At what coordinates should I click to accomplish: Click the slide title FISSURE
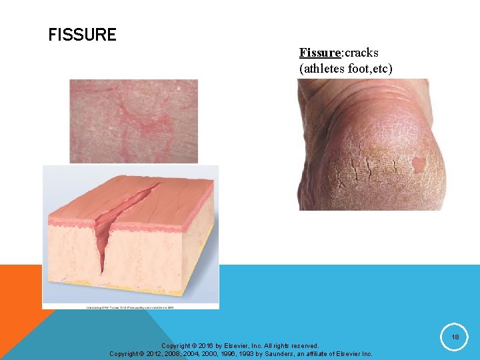82,35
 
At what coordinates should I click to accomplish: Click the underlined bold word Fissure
320,53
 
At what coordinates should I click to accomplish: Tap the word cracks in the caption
361,53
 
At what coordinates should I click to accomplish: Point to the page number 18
455,338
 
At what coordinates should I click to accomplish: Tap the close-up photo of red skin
133,121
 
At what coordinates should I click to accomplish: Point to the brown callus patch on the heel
419,163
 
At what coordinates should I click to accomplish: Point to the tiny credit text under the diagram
130,307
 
